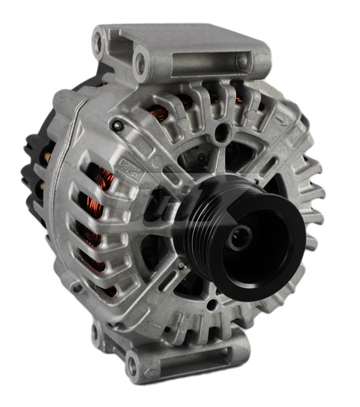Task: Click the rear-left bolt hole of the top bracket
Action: point(100,42)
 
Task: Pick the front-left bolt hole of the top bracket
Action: point(140,65)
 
